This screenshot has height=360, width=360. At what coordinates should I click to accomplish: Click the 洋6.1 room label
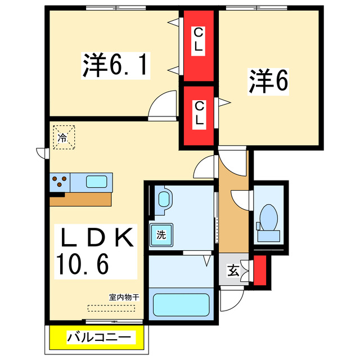click(x=116, y=66)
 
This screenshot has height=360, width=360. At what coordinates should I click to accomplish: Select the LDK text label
click(x=96, y=238)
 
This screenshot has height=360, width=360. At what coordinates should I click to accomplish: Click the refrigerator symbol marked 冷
click(x=63, y=137)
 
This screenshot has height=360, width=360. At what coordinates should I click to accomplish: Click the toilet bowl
click(x=268, y=218)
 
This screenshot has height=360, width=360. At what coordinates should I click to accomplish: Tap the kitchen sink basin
click(x=98, y=182)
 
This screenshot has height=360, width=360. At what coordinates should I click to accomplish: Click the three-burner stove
click(x=60, y=182)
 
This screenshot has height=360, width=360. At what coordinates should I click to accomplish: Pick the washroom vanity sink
click(x=164, y=200)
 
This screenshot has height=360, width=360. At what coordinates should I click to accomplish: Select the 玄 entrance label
click(x=232, y=272)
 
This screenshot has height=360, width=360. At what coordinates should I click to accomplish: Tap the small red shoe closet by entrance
click(x=260, y=271)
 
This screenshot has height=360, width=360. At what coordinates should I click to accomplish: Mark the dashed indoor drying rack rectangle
click(x=111, y=308)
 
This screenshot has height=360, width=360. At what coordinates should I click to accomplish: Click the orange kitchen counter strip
click(x=81, y=199)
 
